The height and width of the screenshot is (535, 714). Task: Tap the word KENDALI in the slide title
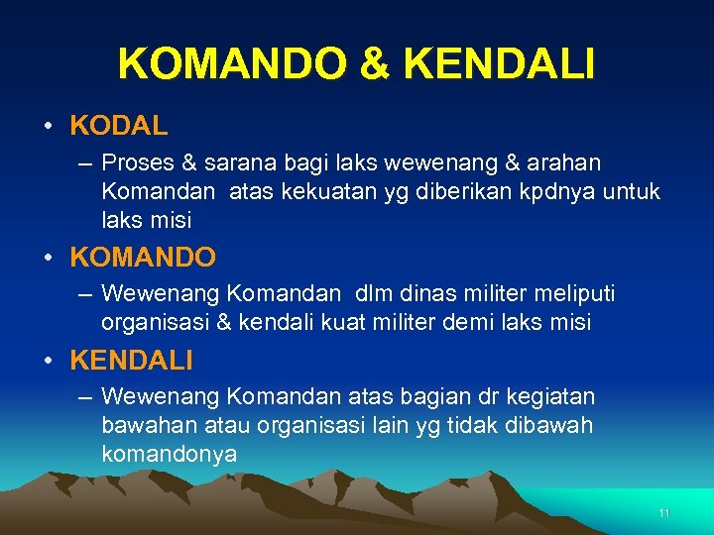[500, 64]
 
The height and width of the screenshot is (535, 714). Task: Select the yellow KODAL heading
[119, 126]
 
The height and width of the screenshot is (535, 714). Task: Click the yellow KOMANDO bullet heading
[143, 258]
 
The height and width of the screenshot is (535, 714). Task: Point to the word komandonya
[169, 455]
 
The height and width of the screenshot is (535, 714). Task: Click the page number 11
[663, 513]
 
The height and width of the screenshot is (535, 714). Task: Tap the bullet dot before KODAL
[48, 127]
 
